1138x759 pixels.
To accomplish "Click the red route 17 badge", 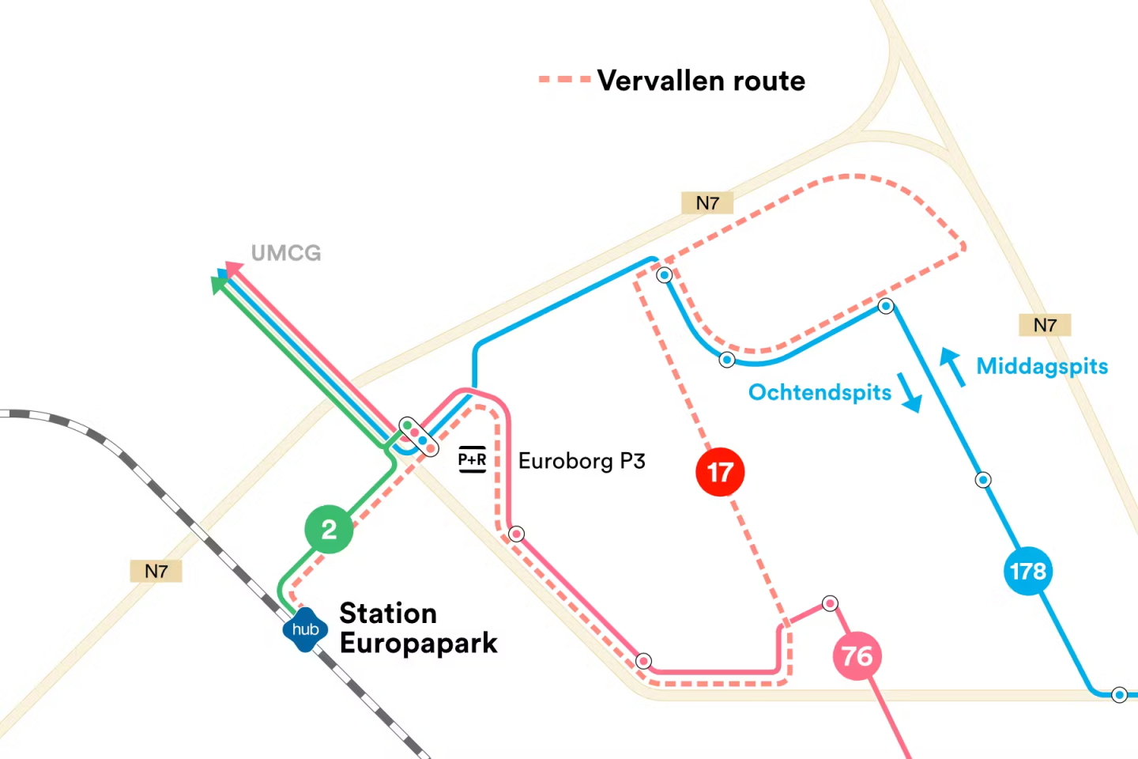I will click(720, 472).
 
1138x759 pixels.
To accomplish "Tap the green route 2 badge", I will click(329, 529).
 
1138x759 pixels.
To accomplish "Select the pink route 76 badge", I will click(857, 655).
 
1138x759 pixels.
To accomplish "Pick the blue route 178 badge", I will click(1027, 571).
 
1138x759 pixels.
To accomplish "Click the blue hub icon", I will click(305, 629).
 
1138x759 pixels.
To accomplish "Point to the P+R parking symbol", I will click(473, 459).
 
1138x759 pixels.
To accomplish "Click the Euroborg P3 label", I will click(582, 461).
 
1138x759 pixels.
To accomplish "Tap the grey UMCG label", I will click(286, 253).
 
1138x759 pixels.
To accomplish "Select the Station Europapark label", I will click(418, 629).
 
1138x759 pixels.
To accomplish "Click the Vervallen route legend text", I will click(701, 81).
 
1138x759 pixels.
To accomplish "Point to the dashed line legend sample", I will click(564, 80).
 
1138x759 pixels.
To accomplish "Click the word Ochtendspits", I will click(820, 392).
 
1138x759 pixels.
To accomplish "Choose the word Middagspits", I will click(1042, 366).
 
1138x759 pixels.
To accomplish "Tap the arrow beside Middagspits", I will click(952, 367).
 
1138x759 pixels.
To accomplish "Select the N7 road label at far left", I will click(156, 571).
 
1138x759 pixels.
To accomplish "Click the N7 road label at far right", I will click(1045, 325).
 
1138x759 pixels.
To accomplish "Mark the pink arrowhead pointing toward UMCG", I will click(233, 268).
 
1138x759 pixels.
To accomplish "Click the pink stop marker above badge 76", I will click(830, 603).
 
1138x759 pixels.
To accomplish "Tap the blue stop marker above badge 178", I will click(983, 480).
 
